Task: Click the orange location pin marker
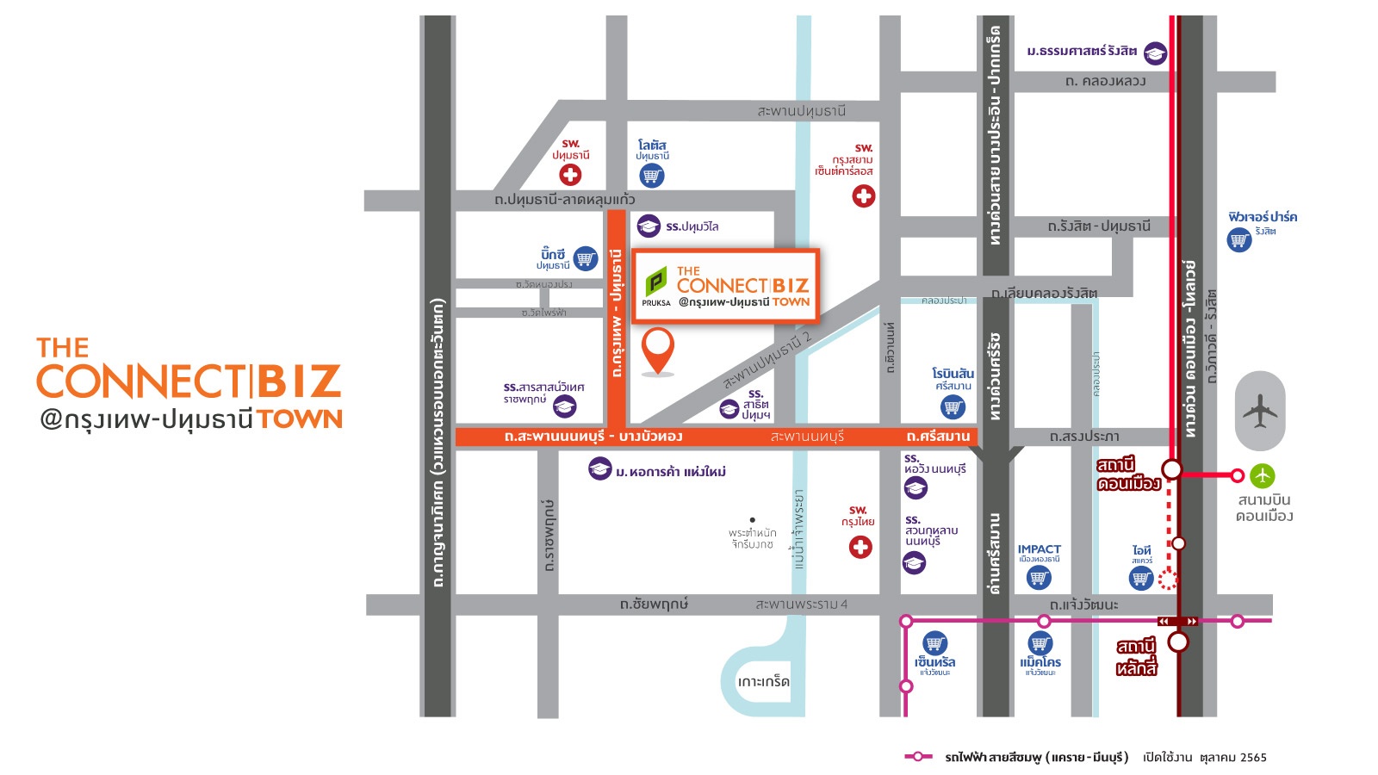click(x=658, y=349)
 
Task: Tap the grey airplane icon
click(x=1259, y=411)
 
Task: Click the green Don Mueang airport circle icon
click(x=1263, y=475)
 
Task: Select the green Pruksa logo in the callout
click(x=656, y=282)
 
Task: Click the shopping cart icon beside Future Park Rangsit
click(x=1239, y=239)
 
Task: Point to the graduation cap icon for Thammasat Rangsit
click(x=1155, y=53)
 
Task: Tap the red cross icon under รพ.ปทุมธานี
click(x=570, y=175)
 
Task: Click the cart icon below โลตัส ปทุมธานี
click(x=652, y=176)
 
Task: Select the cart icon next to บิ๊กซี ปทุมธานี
click(x=586, y=258)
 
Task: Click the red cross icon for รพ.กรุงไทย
click(x=860, y=547)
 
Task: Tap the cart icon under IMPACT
click(x=1039, y=578)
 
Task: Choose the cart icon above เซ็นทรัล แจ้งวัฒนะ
click(x=935, y=642)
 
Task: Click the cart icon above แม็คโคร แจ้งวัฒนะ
click(x=1040, y=643)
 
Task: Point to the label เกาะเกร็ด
click(x=763, y=681)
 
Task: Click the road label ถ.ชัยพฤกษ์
click(x=654, y=604)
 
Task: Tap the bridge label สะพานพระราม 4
click(x=801, y=604)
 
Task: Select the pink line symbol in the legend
click(x=918, y=757)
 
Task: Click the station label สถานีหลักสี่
click(x=1137, y=657)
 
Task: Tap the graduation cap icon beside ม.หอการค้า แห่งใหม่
click(x=600, y=469)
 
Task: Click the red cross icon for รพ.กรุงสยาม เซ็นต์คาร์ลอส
click(x=864, y=196)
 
